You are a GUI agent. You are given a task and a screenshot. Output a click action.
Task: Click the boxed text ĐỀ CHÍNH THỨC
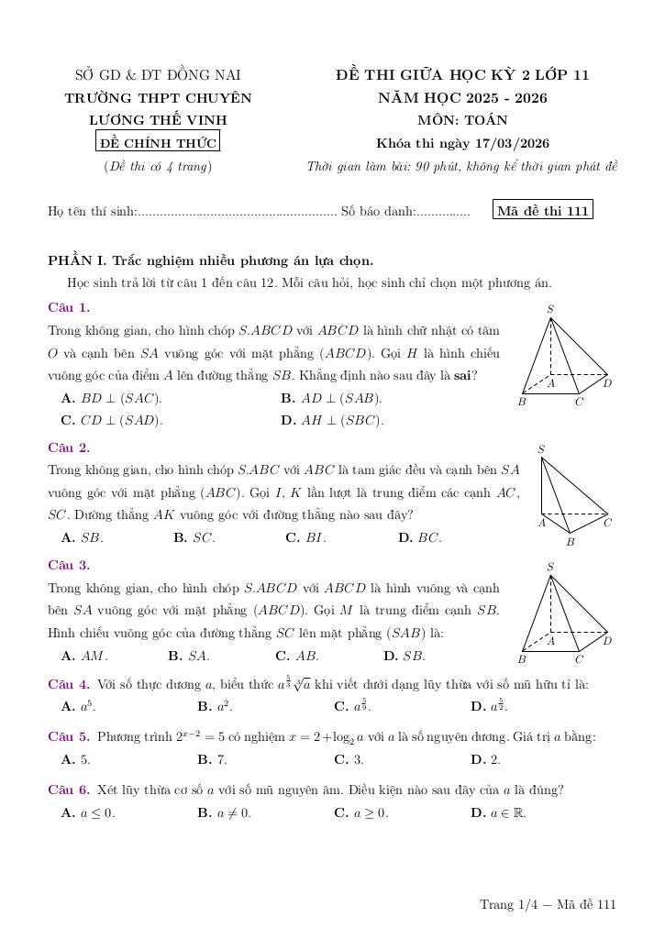click(158, 142)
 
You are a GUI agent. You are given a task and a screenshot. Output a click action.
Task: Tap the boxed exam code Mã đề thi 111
click(542, 211)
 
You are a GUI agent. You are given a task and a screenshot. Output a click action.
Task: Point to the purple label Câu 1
click(69, 307)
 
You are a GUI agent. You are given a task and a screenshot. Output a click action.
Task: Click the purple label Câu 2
click(69, 447)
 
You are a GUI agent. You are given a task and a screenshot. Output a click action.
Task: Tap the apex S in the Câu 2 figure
click(541, 449)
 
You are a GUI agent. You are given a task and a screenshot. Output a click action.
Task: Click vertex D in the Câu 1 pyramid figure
click(607, 382)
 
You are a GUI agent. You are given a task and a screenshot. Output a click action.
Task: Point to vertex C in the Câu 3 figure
click(579, 658)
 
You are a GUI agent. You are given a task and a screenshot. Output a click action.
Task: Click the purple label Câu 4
click(69, 684)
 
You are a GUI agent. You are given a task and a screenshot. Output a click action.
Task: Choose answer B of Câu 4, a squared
click(214, 706)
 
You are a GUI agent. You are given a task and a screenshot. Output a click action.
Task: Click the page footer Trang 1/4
click(548, 905)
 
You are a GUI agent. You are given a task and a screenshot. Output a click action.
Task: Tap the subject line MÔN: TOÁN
click(462, 120)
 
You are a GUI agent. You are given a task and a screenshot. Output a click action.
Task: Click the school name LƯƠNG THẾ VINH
click(158, 120)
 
